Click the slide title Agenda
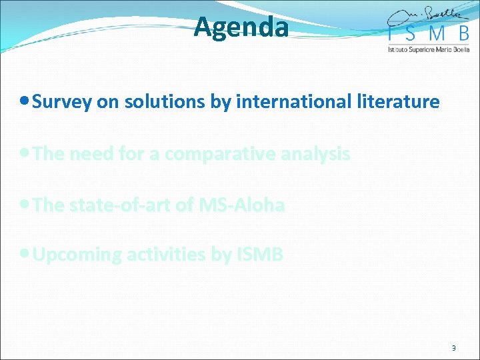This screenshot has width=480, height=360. pos(241,28)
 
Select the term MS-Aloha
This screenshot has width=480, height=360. pos(241,205)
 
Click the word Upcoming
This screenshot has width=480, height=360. pos(76,255)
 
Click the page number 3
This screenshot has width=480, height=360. pos(454,348)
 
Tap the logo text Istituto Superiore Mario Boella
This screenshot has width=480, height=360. pos(429,49)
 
